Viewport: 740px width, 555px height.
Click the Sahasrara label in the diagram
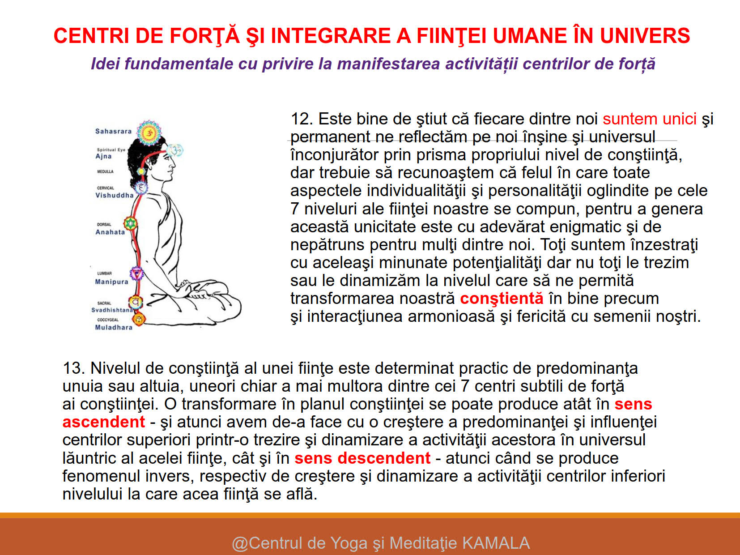[113, 131]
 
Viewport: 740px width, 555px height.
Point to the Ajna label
[103, 156]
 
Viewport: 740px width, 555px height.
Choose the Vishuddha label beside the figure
[115, 195]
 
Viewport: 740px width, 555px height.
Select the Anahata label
[110, 232]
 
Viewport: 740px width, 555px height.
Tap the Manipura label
[111, 282]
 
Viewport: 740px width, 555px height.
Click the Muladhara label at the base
[114, 327]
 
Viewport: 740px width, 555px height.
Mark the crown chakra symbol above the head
[149, 132]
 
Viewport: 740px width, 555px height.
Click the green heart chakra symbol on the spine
[130, 223]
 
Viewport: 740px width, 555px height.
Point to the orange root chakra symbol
[139, 319]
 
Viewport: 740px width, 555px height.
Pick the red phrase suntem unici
[649, 119]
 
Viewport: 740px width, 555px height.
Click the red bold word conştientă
[502, 299]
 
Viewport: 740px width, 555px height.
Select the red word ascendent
[104, 422]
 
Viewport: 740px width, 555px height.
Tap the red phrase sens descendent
[362, 458]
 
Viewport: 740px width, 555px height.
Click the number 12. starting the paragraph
[301, 119]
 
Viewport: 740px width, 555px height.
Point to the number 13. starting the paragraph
[73, 368]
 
